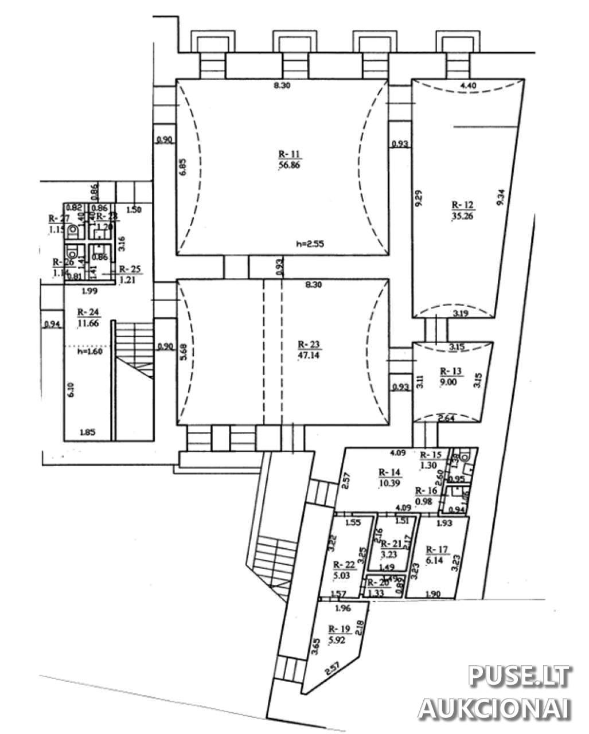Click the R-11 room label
pyautogui.click(x=290, y=154)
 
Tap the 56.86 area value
pyautogui.click(x=290, y=165)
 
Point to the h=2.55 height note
pyautogui.click(x=310, y=243)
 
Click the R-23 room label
pyautogui.click(x=309, y=345)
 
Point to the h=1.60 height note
pyautogui.click(x=90, y=352)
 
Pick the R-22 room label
pyautogui.click(x=345, y=564)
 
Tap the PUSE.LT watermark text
pyautogui.click(x=519, y=676)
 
